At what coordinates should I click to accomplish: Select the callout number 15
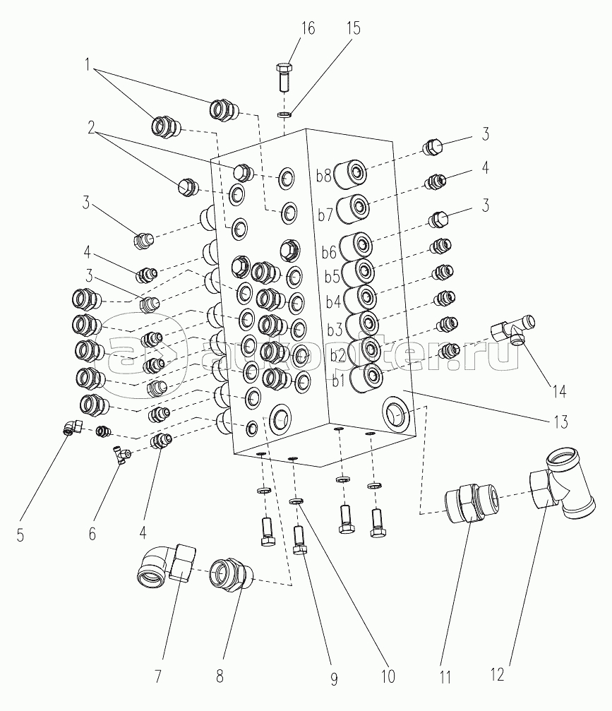point(353,28)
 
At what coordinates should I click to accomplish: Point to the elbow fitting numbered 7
point(167,564)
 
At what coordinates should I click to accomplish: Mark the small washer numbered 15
point(284,114)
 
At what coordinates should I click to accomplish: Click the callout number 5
point(20,535)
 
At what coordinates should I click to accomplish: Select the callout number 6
point(92,534)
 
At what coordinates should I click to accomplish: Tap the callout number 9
point(333,680)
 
